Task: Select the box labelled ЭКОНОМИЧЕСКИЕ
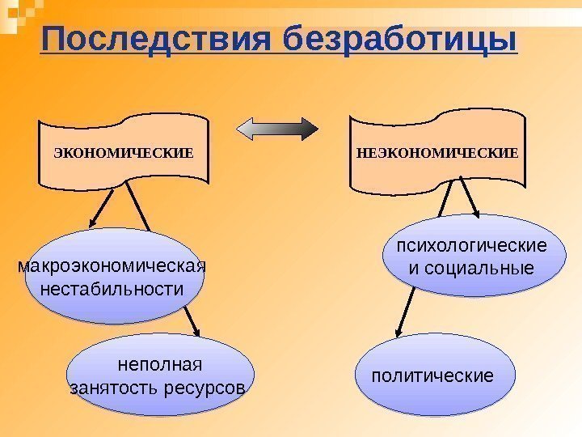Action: (x=124, y=151)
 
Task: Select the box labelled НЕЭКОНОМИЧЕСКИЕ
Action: (x=436, y=151)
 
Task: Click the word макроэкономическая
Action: (x=112, y=266)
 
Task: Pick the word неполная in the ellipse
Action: (x=158, y=365)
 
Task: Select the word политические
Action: (x=432, y=376)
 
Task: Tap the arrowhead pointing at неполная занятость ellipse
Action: (x=196, y=329)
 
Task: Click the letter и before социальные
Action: (x=416, y=268)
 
